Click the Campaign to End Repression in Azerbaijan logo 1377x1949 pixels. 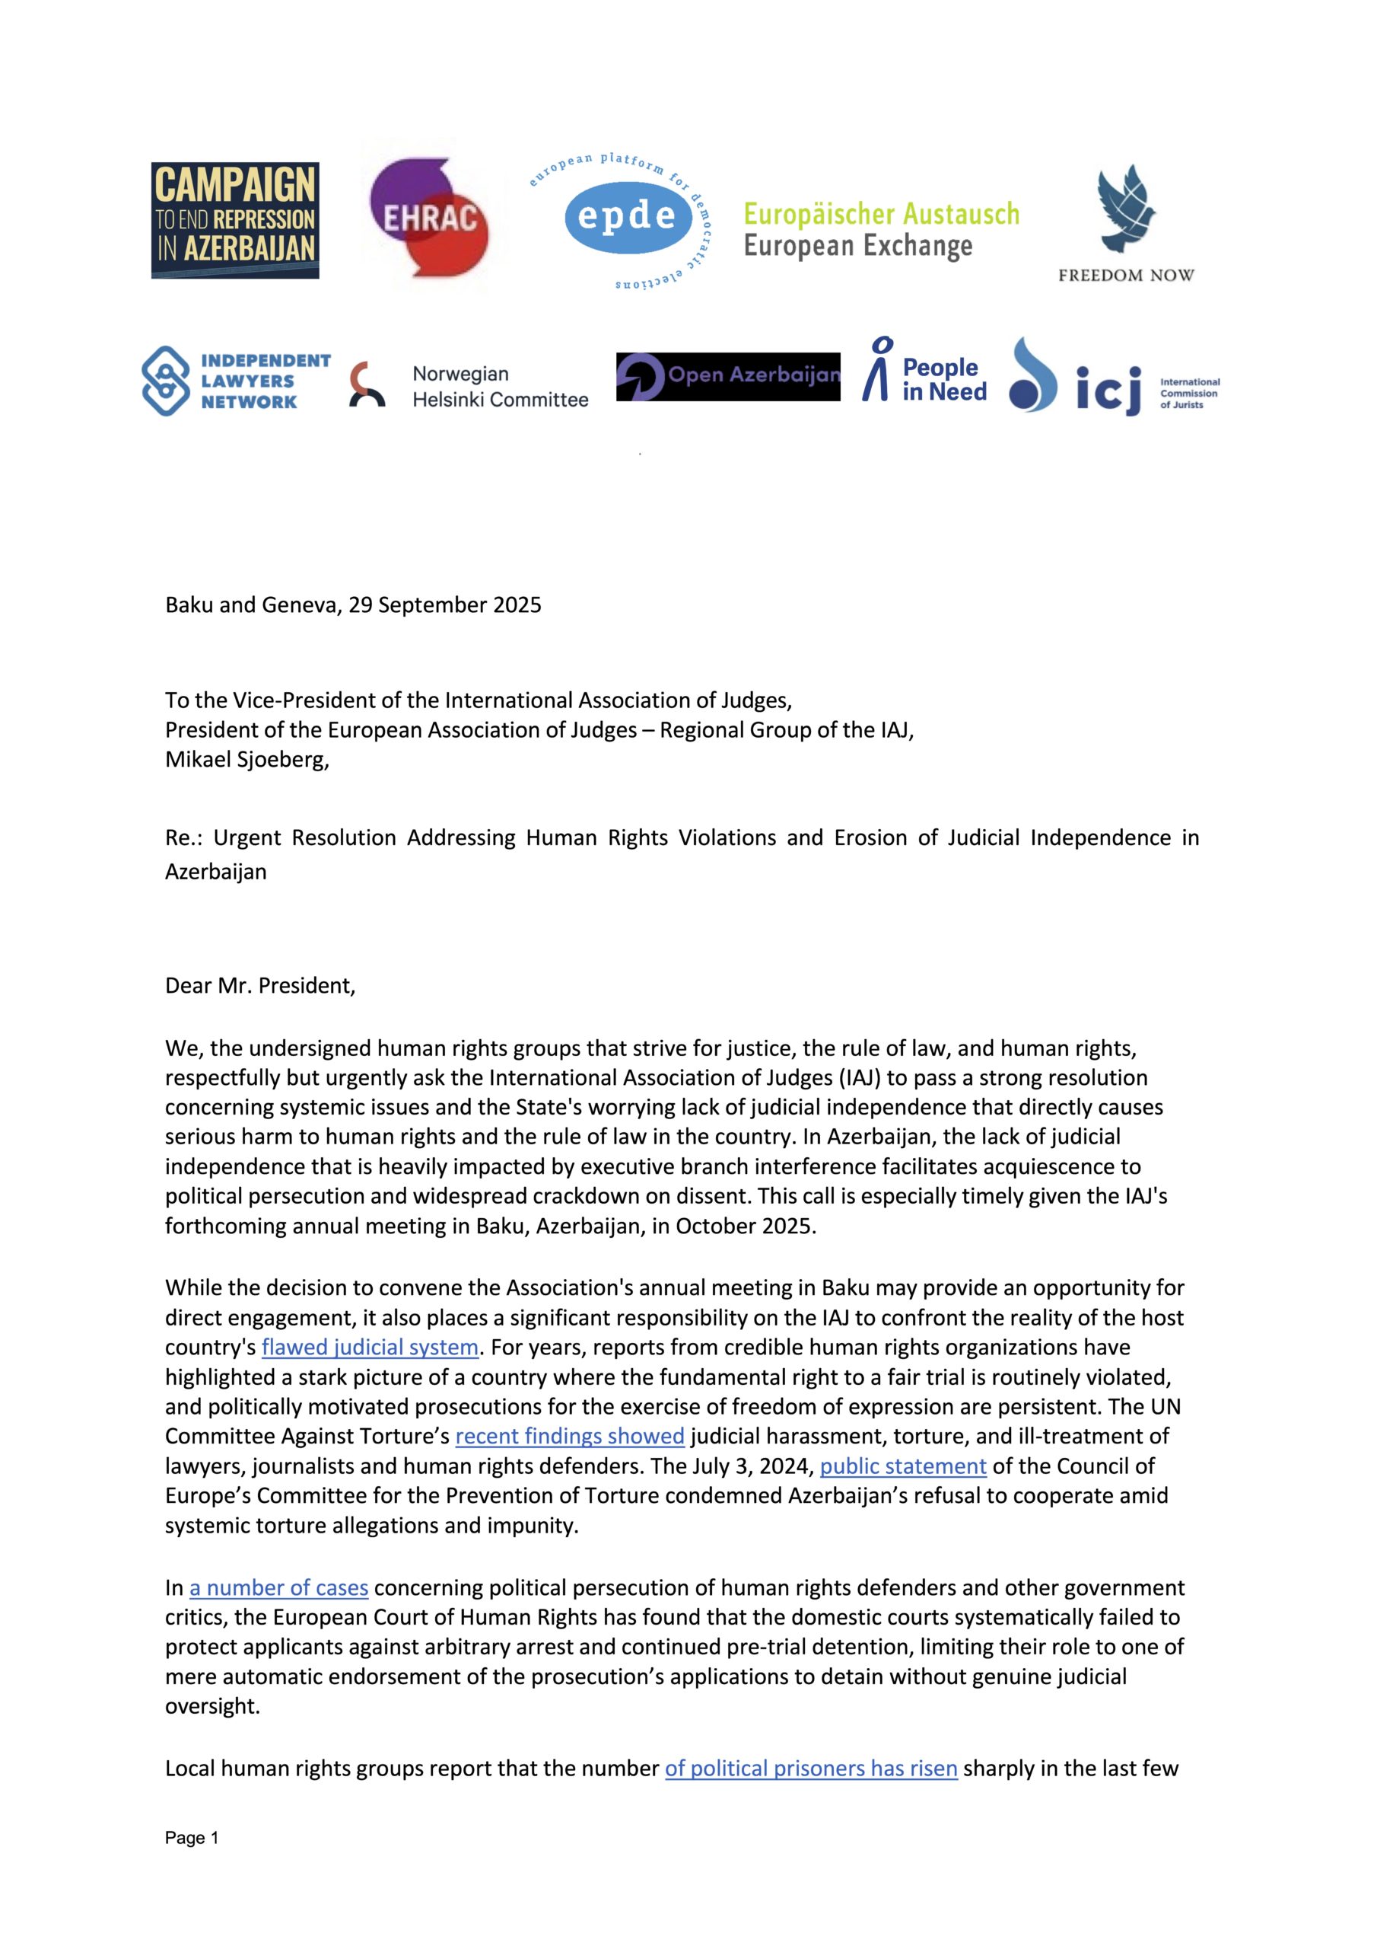click(235, 220)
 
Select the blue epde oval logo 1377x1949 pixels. click(627, 217)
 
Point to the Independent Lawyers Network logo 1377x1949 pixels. click(236, 381)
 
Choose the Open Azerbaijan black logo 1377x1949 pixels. click(728, 376)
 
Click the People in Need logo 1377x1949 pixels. click(925, 375)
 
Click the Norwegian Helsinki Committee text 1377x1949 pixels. click(500, 386)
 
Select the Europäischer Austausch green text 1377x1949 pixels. click(882, 214)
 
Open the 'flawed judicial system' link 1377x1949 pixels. click(370, 1347)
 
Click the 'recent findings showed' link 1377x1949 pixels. click(569, 1435)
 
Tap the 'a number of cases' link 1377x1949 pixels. click(278, 1587)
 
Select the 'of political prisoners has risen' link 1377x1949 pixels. click(811, 1769)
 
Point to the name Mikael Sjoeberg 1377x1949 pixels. click(246, 759)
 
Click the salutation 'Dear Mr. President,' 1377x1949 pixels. click(260, 985)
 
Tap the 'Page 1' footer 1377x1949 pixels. click(192, 1838)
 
